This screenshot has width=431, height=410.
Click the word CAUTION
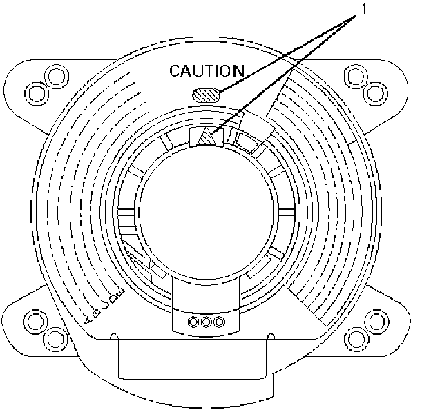[207, 70]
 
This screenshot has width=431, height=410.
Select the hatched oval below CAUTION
[207, 95]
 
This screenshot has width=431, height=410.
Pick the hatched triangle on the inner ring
[206, 138]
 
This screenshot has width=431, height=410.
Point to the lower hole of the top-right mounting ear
[374, 90]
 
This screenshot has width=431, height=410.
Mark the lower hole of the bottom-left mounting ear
[52, 338]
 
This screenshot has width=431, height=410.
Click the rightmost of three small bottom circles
[219, 322]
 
